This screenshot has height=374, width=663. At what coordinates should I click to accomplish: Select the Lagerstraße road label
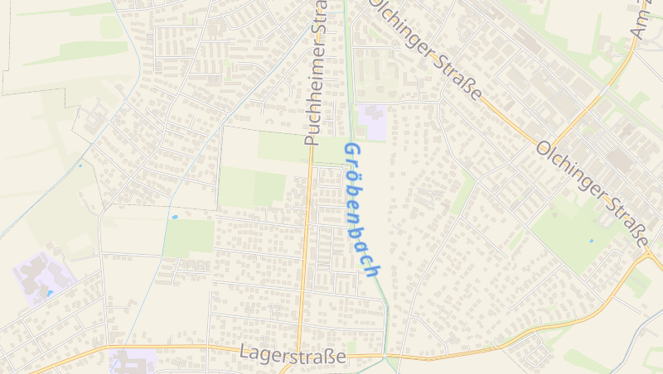pos(293,355)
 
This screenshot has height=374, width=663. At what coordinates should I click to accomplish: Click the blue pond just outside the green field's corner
pos(175,217)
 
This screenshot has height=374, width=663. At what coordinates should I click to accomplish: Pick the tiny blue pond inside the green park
pos(591,241)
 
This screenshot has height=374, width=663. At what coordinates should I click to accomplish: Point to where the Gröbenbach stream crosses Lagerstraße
pos(385,357)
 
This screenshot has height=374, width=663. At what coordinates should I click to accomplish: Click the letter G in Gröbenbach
pos(351,152)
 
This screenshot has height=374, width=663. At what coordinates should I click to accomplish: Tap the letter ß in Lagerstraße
pos(329,355)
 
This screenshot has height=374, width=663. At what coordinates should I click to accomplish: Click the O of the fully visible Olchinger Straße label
pos(545,149)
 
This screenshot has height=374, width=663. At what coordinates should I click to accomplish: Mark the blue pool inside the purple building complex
pos(50,293)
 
